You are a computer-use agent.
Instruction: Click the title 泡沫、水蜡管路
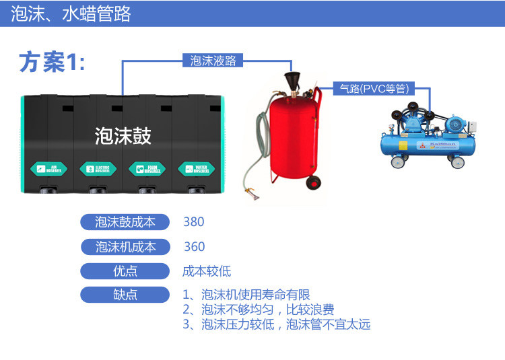(x=71, y=14)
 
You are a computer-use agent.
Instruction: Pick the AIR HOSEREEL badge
(x=46, y=168)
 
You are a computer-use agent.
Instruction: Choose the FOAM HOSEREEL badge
(x=147, y=168)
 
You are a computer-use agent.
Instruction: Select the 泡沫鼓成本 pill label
(x=125, y=222)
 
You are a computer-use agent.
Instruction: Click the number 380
(x=193, y=222)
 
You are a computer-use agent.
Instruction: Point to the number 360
(x=194, y=247)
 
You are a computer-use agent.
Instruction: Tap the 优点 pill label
(x=125, y=271)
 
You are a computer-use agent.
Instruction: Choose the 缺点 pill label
(x=125, y=295)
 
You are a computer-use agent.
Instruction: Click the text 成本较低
(x=207, y=271)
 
